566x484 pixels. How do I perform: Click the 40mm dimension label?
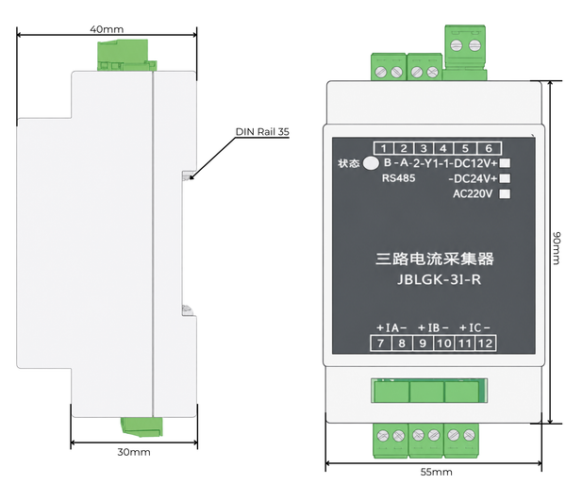point(107,29)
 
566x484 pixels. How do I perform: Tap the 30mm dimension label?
point(134,452)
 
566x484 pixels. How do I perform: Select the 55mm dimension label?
point(436,472)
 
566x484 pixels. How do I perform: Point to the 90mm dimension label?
point(557,248)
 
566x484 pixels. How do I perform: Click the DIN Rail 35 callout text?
point(262,132)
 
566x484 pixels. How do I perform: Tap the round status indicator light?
point(371,163)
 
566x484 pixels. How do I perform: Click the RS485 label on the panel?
point(398,178)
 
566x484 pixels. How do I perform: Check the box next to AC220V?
point(505,193)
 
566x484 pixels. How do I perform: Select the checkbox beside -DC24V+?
point(505,178)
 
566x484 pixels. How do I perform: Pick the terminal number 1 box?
point(384,148)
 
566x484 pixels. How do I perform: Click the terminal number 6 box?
point(489,148)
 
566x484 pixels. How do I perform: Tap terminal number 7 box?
point(380,342)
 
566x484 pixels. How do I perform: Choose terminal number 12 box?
point(485,342)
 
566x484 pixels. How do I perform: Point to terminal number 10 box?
point(443,342)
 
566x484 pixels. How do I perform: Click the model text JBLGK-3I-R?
point(439,279)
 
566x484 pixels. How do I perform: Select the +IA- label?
point(391,327)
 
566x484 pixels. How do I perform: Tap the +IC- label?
point(474,327)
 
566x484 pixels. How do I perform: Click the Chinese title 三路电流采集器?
point(435,259)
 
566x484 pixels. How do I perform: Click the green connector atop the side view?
point(126,55)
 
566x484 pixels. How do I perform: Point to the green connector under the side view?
point(141,426)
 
